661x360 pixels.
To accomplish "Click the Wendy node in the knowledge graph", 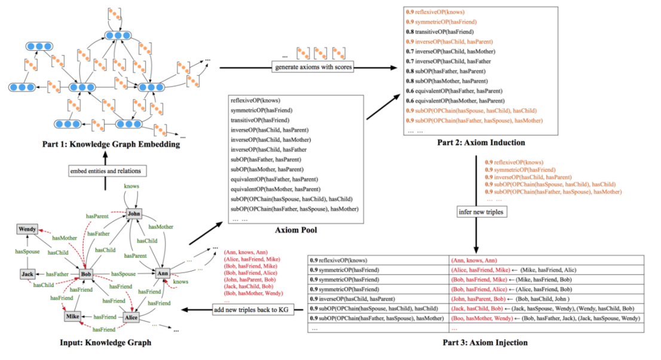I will pos(28,229).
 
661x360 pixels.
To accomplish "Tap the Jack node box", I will pos(27,274).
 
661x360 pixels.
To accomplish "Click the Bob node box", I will pos(87,274).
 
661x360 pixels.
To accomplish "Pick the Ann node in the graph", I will pos(162,273).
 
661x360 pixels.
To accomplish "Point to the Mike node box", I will pos(73,316).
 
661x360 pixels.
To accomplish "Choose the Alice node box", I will pos(131,318).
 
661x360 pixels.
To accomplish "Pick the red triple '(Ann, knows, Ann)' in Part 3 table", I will pos(474,261).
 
